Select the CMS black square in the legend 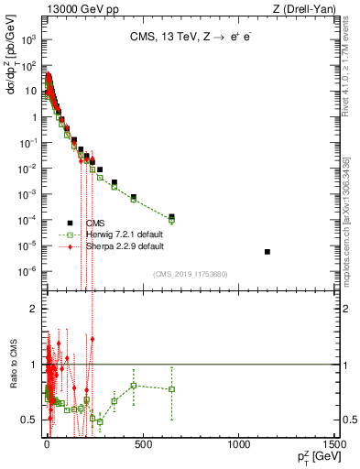click(70, 223)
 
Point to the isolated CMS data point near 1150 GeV click(267, 251)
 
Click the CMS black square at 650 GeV click(171, 217)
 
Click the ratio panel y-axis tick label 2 click(33, 309)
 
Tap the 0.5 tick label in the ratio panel click(29, 419)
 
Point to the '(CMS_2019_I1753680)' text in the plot click(191, 274)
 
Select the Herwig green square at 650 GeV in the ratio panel click(171, 389)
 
